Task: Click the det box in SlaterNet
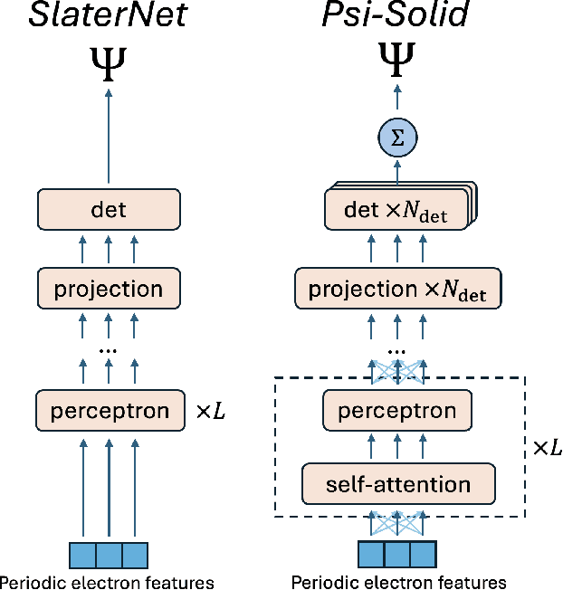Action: coord(109,210)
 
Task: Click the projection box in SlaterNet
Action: coord(109,290)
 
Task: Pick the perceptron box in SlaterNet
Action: coord(109,411)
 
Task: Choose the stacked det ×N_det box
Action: coord(397,211)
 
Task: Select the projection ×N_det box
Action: coord(397,290)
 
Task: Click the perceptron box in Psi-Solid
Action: coord(397,412)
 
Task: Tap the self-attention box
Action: coord(397,484)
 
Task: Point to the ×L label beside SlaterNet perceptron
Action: coord(210,411)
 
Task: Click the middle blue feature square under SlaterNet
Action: coord(109,554)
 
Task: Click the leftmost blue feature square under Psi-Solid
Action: coord(371,554)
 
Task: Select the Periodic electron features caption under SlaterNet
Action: coord(107,582)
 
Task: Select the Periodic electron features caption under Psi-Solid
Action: coord(397,582)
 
